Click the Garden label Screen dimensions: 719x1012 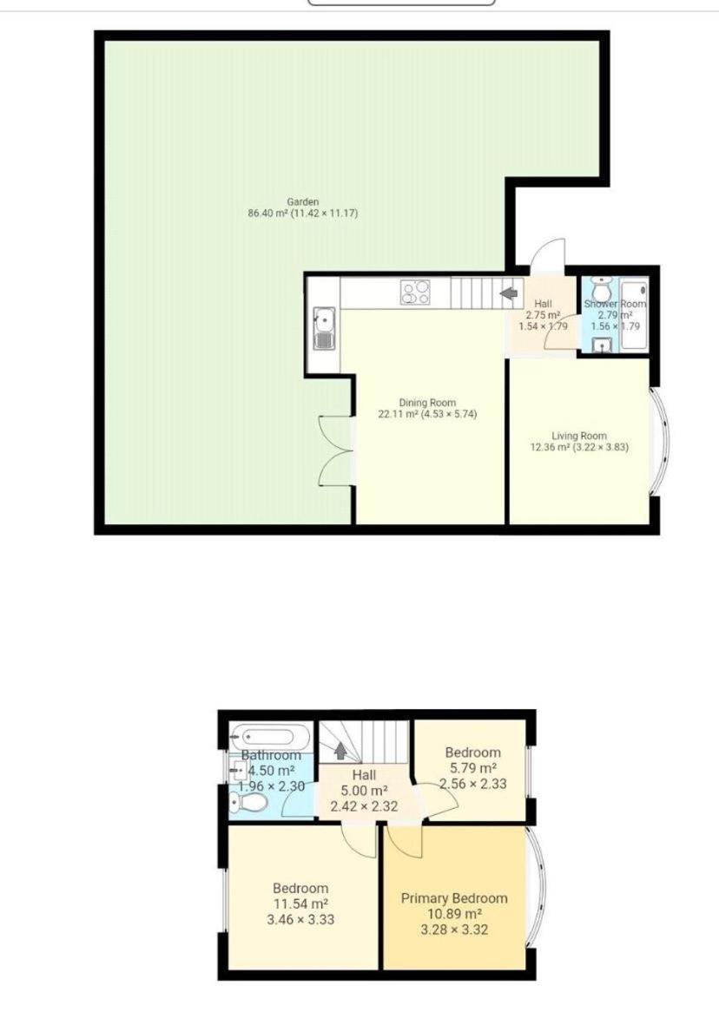coord(302,202)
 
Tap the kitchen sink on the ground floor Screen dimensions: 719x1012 coord(324,329)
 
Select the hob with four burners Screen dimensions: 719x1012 coord(415,292)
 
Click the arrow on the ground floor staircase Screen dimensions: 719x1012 coord(509,293)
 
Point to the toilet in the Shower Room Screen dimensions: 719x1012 coord(602,291)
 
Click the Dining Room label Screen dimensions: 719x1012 coord(427,402)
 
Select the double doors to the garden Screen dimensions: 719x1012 coord(336,450)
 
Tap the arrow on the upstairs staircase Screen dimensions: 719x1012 coord(340,752)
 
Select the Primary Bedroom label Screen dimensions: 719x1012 coord(454,898)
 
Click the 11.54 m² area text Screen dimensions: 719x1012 coord(300,904)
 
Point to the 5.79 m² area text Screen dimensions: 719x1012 coord(473,768)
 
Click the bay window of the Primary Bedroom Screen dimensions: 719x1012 coord(536,887)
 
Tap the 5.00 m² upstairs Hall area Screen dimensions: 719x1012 coord(364,791)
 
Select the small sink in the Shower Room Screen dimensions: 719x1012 coord(603,345)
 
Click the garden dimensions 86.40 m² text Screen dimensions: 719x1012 coord(267,214)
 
